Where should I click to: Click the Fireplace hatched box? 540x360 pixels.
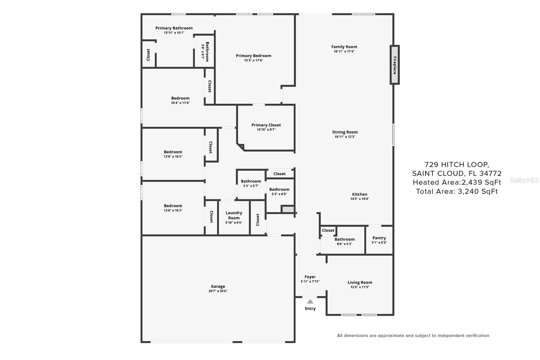pyautogui.click(x=395, y=65)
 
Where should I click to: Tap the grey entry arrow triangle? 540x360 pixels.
pyautogui.click(x=310, y=301)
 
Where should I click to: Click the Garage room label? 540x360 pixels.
pyautogui.click(x=218, y=286)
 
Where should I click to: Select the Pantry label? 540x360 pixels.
pyautogui.click(x=379, y=238)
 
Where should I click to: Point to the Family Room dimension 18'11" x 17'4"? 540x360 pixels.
pyautogui.click(x=344, y=51)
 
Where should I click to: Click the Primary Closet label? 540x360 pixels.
pyautogui.click(x=266, y=125)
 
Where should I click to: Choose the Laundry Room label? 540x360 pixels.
pyautogui.click(x=234, y=215)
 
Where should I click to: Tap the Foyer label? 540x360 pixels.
pyautogui.click(x=310, y=277)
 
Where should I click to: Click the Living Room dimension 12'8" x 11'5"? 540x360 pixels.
pyautogui.click(x=360, y=287)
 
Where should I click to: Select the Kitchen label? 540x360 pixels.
pyautogui.click(x=360, y=194)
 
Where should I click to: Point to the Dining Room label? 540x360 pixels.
pyautogui.click(x=345, y=132)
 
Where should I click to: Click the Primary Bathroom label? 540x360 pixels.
pyautogui.click(x=174, y=28)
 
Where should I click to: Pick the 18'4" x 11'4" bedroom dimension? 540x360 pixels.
pyautogui.click(x=180, y=103)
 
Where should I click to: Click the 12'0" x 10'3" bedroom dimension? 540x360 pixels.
pyautogui.click(x=173, y=210)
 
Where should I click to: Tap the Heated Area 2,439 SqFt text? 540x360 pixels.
pyautogui.click(x=457, y=182)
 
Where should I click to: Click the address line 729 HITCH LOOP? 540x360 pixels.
pyautogui.click(x=457, y=164)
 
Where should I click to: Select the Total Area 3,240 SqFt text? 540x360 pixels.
pyautogui.click(x=457, y=191)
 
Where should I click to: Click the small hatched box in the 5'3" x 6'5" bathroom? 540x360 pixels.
pyautogui.click(x=288, y=209)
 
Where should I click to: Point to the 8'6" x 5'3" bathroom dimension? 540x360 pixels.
pyautogui.click(x=345, y=244)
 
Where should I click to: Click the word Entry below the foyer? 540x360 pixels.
pyautogui.click(x=310, y=309)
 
